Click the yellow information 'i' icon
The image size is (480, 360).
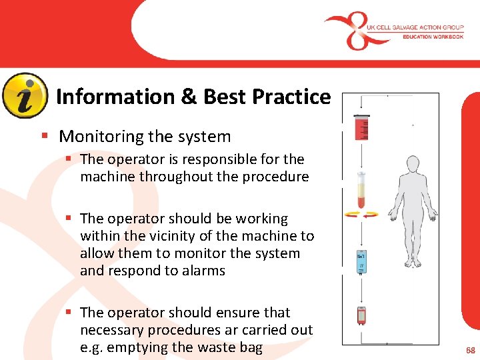click(x=25, y=95)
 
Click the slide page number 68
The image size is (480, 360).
click(x=470, y=350)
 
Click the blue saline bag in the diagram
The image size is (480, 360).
click(x=361, y=263)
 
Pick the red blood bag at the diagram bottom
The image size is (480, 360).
click(x=361, y=314)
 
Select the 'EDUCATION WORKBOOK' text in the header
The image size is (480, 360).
click(x=433, y=37)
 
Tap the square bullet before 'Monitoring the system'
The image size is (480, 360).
click(x=45, y=137)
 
